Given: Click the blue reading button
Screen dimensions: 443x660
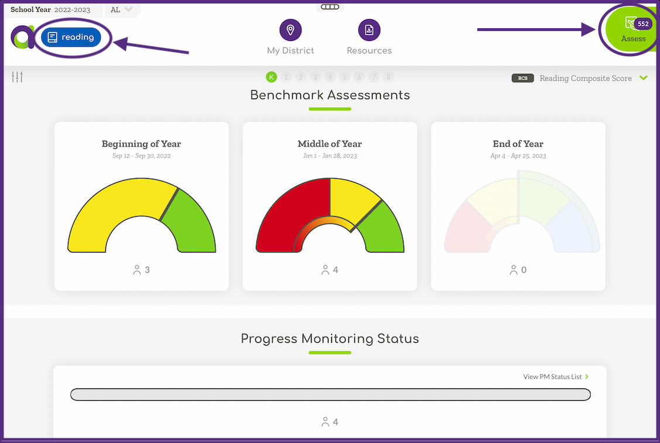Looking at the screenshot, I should coord(71,38).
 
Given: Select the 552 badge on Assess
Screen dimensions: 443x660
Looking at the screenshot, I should coord(643,24).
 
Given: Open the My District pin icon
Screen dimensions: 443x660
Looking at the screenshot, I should coord(290,30).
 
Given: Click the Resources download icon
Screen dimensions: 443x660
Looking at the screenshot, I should coord(369,30).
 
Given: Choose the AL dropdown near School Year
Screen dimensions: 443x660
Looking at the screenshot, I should coord(122,9).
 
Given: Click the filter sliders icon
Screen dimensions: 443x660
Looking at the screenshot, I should coord(17,77).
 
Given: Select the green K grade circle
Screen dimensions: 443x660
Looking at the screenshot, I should coord(271,77).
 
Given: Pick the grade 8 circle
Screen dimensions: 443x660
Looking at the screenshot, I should coord(388,77).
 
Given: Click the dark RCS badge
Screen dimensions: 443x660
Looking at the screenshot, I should coord(522,78).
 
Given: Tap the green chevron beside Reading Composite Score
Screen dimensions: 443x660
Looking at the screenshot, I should coord(644,78).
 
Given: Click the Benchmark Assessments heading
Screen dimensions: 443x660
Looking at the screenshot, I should coord(330,95).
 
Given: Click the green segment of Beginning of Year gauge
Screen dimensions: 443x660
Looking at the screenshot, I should coord(190,223).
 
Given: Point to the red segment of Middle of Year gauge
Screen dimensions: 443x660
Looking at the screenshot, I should coord(287,211).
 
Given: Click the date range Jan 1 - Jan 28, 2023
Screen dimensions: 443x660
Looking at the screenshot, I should coord(330,156).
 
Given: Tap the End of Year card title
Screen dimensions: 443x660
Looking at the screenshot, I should coord(518,144).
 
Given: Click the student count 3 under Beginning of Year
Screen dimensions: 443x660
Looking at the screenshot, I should coord(147,270).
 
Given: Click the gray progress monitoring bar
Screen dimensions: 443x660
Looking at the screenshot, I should coord(330,394).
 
